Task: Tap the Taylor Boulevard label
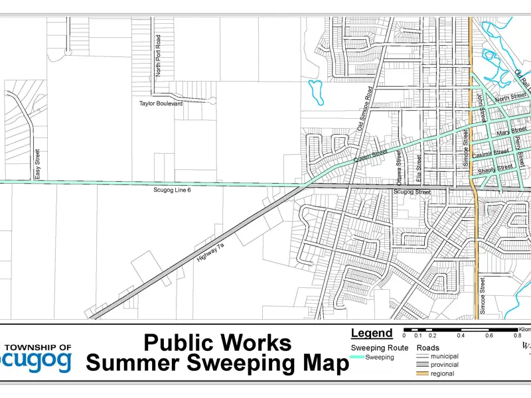click(x=161, y=103)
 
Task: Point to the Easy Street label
click(x=38, y=164)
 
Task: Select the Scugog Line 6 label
click(x=172, y=190)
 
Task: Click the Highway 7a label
click(x=212, y=253)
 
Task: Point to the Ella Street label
click(x=419, y=169)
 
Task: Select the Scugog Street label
click(x=412, y=192)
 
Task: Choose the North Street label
click(x=510, y=98)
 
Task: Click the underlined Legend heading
click(x=371, y=334)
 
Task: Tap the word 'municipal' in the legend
click(x=444, y=356)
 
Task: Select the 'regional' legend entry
click(x=443, y=373)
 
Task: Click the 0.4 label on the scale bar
click(x=461, y=336)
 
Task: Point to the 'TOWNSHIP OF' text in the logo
click(x=38, y=347)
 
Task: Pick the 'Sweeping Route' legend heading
click(x=379, y=348)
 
